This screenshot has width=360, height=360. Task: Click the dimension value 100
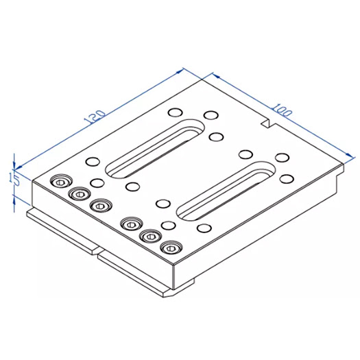pyautogui.click(x=280, y=110)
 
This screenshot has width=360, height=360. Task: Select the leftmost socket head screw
pyautogui.click(x=61, y=182)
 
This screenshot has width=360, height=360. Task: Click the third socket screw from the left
pyautogui.click(x=101, y=205)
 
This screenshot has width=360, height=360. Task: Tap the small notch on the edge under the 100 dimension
pyautogui.click(x=267, y=124)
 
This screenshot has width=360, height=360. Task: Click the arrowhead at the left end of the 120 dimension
pyautogui.click(x=19, y=166)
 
